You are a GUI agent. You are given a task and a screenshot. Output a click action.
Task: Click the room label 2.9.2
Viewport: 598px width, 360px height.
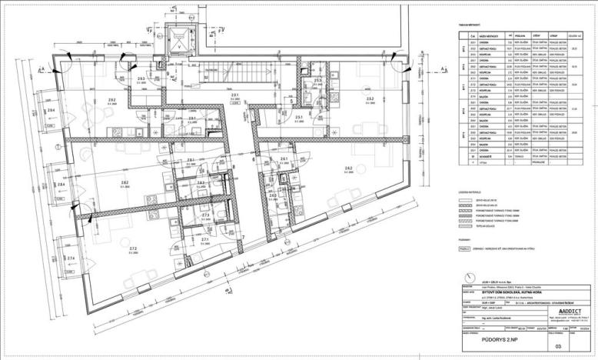(111, 100)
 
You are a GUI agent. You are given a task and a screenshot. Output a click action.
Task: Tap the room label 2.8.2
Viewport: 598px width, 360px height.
(125, 182)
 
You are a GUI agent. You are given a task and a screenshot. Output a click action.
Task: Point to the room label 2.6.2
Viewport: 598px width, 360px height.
(347, 168)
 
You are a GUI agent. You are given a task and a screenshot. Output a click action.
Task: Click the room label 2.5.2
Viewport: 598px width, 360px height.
(370, 99)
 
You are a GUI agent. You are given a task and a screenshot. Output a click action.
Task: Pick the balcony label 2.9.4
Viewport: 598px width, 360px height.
(50, 112)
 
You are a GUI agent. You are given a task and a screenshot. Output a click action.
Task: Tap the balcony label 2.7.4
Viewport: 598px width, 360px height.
(70, 258)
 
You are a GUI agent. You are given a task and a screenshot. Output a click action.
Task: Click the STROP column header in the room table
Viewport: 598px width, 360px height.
(548, 35)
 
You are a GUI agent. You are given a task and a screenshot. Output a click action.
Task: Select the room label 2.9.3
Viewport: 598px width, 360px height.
(141, 79)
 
